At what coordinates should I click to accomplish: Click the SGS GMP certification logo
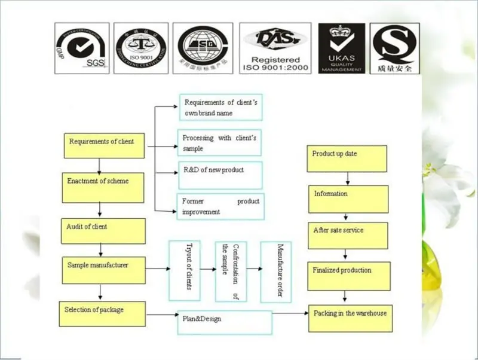[x=82, y=48]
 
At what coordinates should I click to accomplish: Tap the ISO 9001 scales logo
[x=141, y=48]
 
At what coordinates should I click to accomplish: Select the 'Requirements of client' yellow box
[x=104, y=145]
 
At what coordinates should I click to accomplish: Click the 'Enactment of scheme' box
[x=103, y=188]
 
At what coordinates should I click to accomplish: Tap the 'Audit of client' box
[x=103, y=230]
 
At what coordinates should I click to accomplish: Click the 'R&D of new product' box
[x=220, y=175]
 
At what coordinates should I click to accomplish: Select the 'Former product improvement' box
[x=220, y=206]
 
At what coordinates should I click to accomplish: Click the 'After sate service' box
[x=348, y=236]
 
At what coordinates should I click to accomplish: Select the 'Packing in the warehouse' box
[x=350, y=319]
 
